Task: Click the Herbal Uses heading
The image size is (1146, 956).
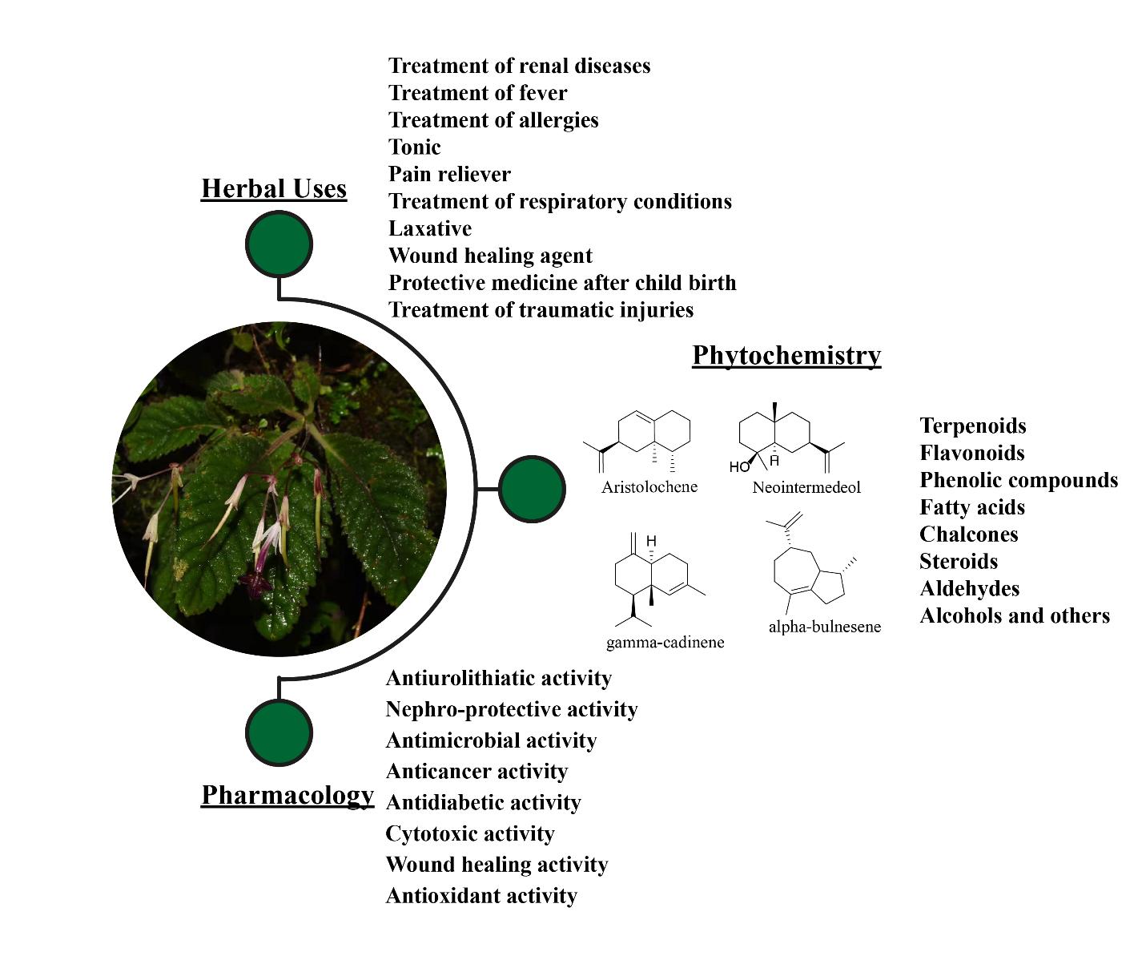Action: pyautogui.click(x=274, y=188)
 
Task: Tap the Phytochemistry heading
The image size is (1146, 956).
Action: pyautogui.click(x=786, y=355)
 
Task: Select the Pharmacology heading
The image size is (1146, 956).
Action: pyautogui.click(x=288, y=795)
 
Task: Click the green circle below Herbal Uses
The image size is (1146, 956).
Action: pyautogui.click(x=279, y=244)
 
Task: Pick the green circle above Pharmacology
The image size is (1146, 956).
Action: pyautogui.click(x=279, y=732)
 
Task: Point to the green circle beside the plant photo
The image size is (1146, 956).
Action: pyautogui.click(x=533, y=489)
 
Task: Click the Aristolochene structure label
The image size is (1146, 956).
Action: pyautogui.click(x=649, y=487)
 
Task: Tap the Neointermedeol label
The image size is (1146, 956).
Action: pyautogui.click(x=806, y=487)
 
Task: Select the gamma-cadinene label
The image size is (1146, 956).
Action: pyautogui.click(x=665, y=642)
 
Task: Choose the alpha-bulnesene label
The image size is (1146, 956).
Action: pyautogui.click(x=824, y=627)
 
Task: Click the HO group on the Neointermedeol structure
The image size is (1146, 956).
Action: pyautogui.click(x=738, y=466)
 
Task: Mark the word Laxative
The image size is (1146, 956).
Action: pyautogui.click(x=430, y=228)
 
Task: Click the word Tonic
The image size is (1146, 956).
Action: pyautogui.click(x=415, y=147)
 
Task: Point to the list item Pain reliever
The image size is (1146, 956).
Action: pyautogui.click(x=449, y=175)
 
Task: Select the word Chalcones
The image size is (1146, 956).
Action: pyautogui.click(x=969, y=534)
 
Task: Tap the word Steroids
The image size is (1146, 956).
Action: pyautogui.click(x=959, y=562)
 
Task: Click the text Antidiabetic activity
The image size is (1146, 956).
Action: pyautogui.click(x=483, y=802)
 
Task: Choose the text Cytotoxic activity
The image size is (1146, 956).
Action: pyautogui.click(x=470, y=833)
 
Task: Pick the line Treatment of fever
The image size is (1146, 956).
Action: pyautogui.click(x=477, y=93)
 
